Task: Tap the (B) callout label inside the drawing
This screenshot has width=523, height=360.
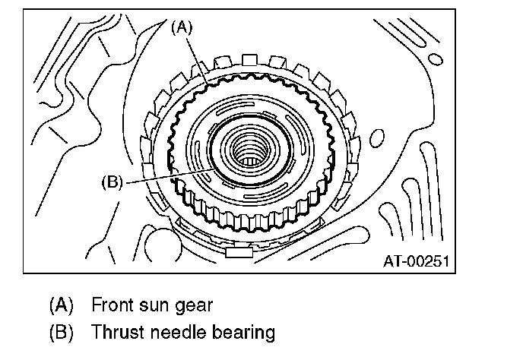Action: point(112,182)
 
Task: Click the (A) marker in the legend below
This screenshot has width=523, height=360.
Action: point(61,306)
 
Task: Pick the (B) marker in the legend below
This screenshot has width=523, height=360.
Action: point(61,333)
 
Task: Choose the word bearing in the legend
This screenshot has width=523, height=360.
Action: point(241,333)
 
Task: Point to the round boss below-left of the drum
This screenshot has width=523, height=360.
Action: point(159,243)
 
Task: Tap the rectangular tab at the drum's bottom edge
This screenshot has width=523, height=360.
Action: point(238,251)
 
